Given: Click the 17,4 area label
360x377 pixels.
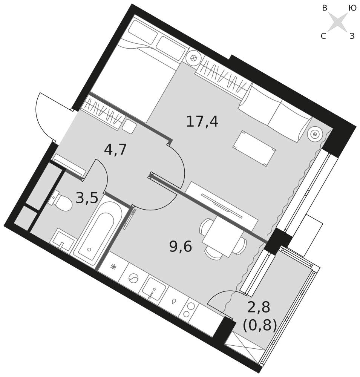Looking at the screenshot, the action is pos(202,122).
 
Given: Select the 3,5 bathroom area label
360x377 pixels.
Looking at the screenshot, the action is pos(87,198).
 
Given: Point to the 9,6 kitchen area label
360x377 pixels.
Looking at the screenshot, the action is pos(181,247).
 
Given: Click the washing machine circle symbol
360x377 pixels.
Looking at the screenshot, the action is pos(133,279).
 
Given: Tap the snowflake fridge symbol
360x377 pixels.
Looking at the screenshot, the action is pos(113,267).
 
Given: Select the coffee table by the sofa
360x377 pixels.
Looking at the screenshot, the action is pos(254,148).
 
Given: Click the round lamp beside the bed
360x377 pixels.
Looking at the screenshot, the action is pos(193,58).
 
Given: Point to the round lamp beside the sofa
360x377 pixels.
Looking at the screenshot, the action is pos(315,134).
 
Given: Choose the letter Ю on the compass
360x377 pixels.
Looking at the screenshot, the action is pos(352,8).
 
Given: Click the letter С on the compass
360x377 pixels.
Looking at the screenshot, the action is pos(323,36).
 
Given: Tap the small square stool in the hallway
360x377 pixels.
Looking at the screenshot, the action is pos(129,127).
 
